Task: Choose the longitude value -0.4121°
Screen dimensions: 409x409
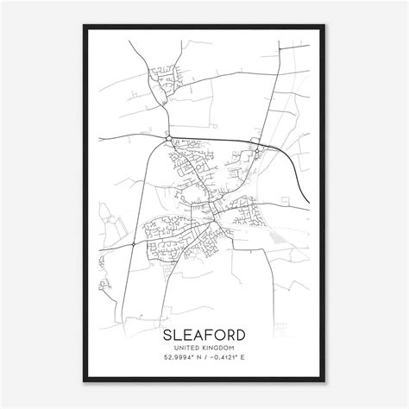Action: (x=227, y=359)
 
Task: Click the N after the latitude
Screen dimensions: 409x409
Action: (x=199, y=359)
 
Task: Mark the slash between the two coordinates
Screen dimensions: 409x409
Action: (x=207, y=359)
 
